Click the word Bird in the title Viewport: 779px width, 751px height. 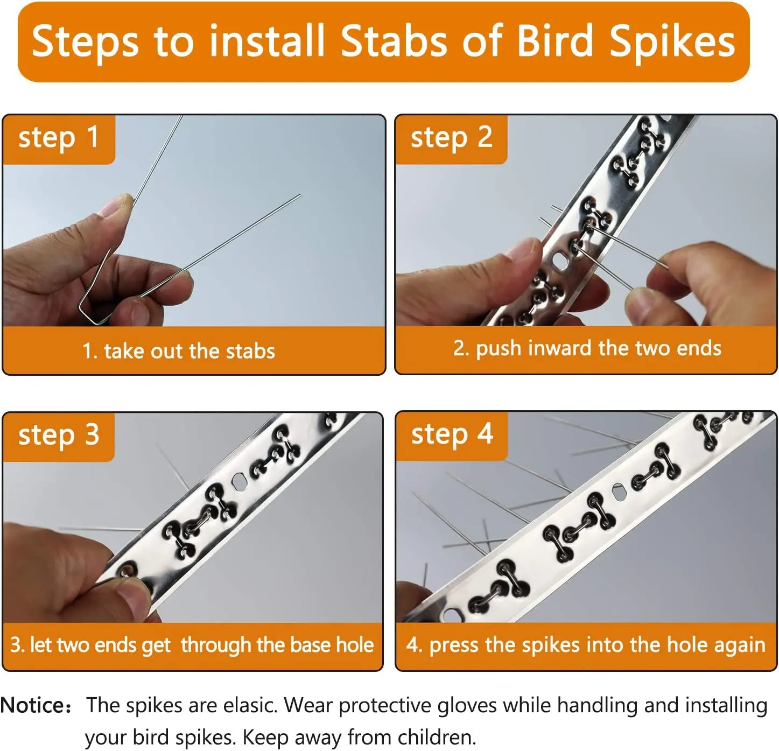(x=554, y=41)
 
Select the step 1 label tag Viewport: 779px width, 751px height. (x=59, y=138)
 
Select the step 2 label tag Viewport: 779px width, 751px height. (x=451, y=138)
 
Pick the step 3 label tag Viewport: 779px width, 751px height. (x=59, y=436)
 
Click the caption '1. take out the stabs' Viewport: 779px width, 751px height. (x=179, y=351)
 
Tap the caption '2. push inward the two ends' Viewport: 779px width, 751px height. (x=587, y=348)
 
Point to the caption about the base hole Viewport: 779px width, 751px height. (x=192, y=645)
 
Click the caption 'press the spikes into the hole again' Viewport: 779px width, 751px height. (x=586, y=645)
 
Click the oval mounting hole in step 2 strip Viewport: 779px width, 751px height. (x=559, y=262)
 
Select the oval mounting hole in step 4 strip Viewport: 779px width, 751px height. (x=620, y=491)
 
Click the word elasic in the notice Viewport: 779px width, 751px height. (x=250, y=706)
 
